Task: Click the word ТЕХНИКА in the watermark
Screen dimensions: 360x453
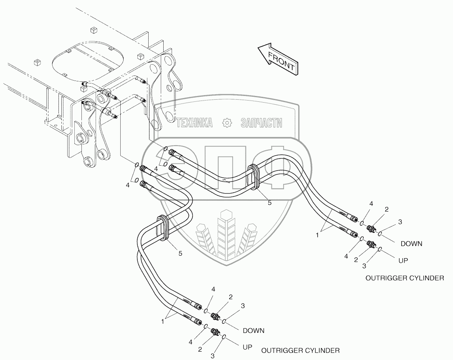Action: click(x=195, y=123)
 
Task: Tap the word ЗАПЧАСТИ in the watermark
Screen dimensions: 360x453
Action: click(x=261, y=123)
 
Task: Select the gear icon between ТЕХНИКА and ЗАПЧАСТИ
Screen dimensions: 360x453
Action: click(x=227, y=123)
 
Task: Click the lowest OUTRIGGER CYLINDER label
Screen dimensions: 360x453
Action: click(x=300, y=350)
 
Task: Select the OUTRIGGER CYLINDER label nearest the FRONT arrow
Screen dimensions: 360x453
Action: click(x=405, y=278)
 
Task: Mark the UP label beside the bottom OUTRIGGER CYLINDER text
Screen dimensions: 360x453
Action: click(x=248, y=346)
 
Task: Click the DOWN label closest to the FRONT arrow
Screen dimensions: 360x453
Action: click(x=411, y=244)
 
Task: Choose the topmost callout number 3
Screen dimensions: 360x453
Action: click(x=400, y=222)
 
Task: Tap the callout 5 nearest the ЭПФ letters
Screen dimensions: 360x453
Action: click(x=269, y=203)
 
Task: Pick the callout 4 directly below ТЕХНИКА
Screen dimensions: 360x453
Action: click(x=155, y=169)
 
